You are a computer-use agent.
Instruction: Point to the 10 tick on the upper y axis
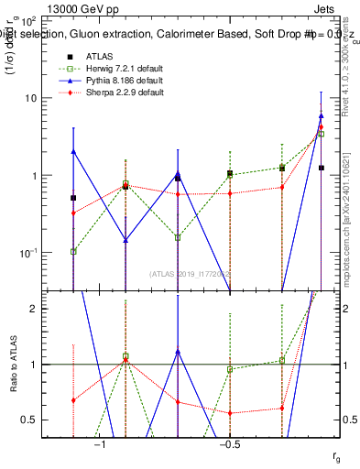point(39,98)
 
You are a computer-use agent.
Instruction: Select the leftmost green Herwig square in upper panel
point(73,251)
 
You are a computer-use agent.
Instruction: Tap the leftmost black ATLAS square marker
point(73,198)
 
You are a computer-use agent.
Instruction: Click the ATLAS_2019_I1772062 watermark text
point(191,273)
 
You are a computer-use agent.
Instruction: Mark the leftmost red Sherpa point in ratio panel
point(73,400)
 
